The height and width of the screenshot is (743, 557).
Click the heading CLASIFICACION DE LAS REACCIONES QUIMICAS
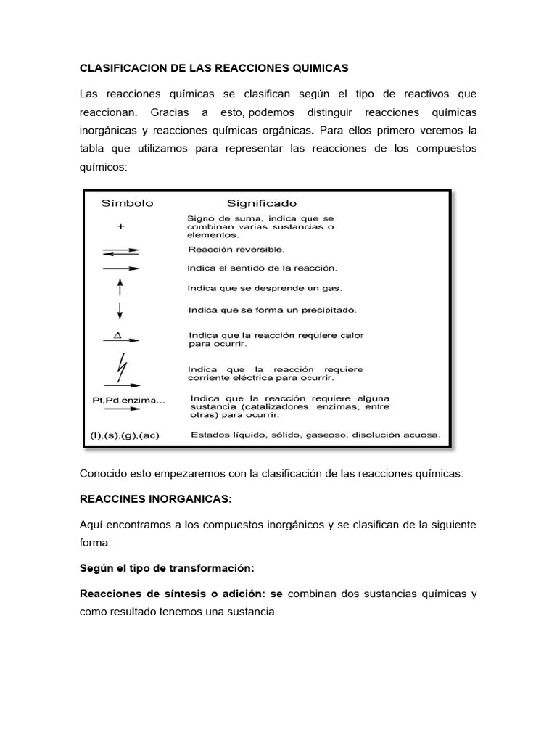(x=214, y=68)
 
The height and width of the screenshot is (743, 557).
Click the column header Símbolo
(x=127, y=204)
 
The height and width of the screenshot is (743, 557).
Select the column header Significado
(x=262, y=204)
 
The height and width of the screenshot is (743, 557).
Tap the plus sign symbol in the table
(x=121, y=226)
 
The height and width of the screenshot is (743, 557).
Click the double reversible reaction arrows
(x=120, y=251)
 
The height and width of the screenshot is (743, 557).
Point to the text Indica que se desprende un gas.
(x=263, y=288)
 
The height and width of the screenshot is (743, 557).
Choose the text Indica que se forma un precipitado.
(x=272, y=311)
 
